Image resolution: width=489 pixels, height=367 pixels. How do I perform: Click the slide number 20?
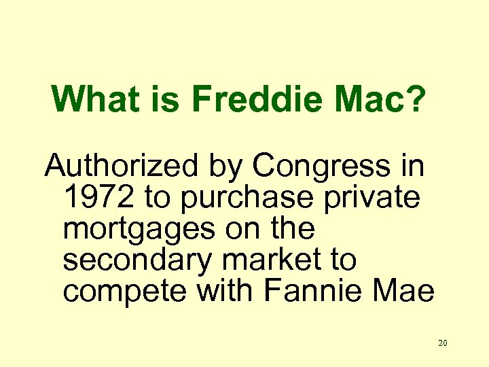(x=443, y=343)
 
